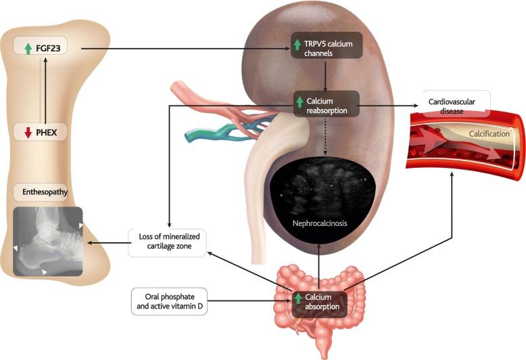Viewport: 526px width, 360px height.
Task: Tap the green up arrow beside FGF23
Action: [28, 48]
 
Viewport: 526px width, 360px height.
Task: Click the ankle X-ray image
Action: [48, 242]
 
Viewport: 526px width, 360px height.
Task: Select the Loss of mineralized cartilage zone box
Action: [166, 242]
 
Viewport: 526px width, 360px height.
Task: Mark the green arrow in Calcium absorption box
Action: [298, 298]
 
